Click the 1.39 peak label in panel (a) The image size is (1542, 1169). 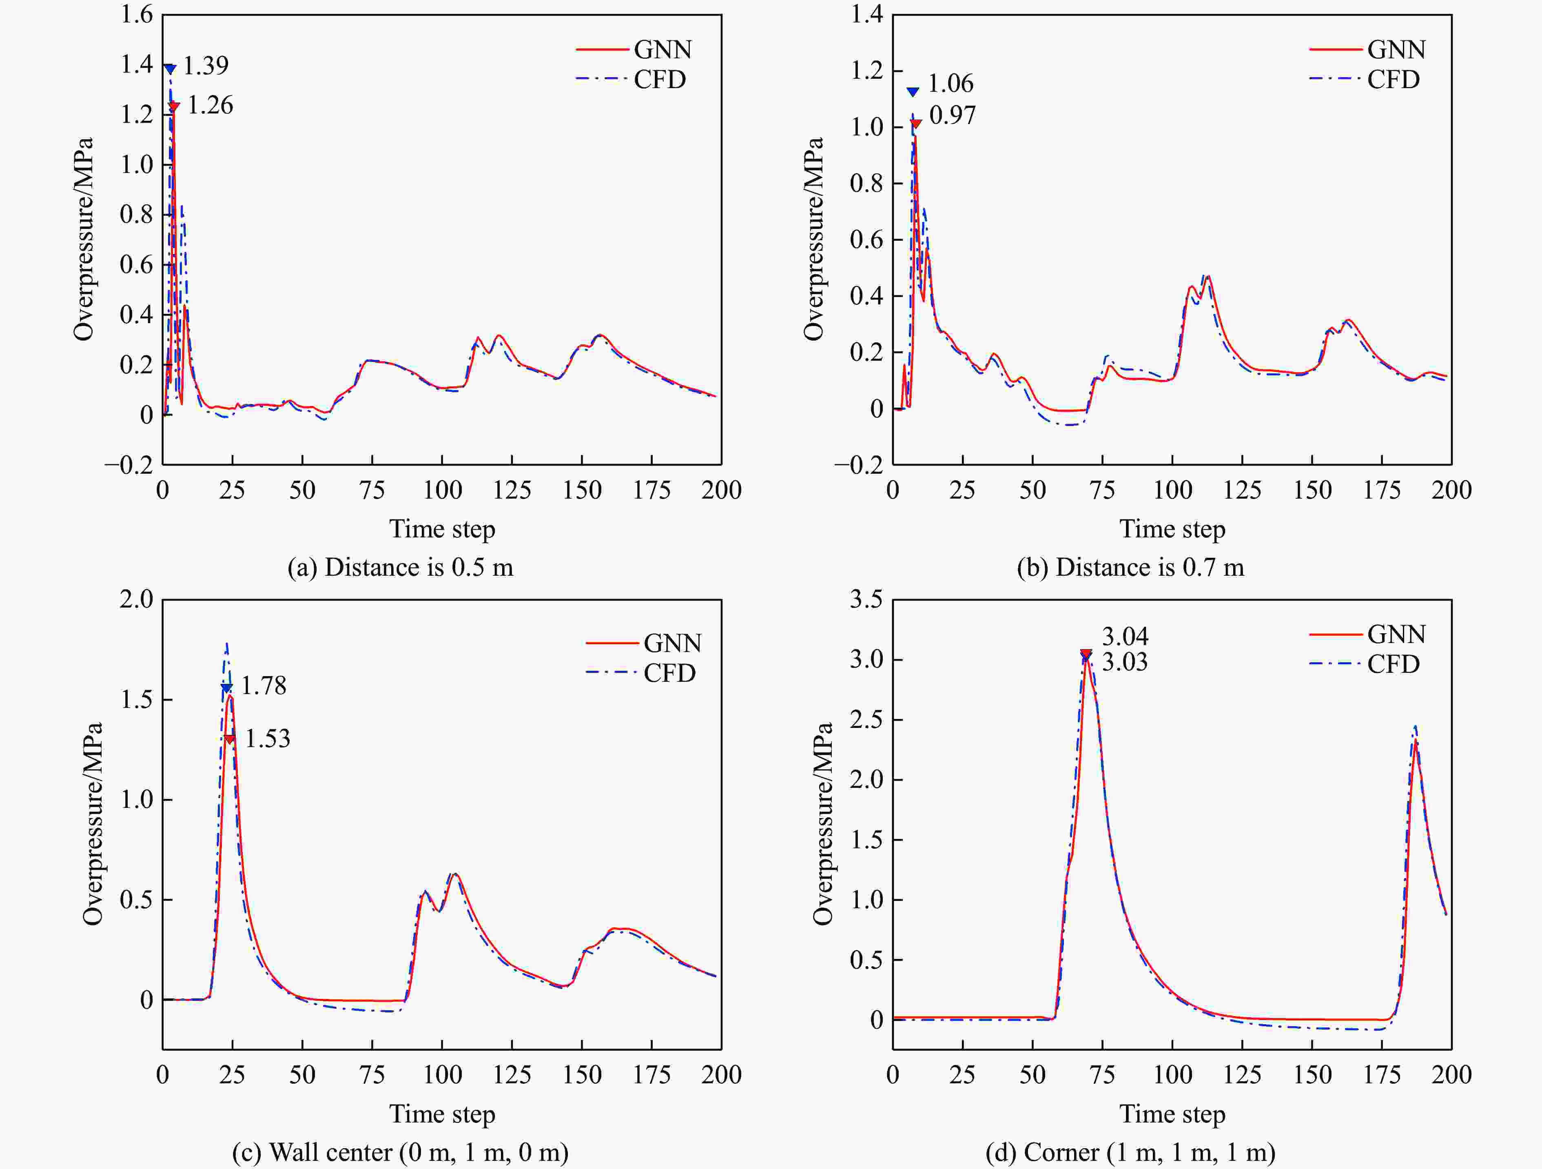(206, 66)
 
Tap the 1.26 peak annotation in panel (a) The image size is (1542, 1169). (210, 105)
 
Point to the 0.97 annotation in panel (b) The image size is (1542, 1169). (952, 115)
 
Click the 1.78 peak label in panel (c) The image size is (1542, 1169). (264, 686)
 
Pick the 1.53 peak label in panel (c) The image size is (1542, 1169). (268, 739)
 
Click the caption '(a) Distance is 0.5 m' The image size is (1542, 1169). (400, 568)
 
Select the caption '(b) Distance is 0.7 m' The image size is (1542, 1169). (1130, 568)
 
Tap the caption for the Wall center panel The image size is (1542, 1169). (400, 1151)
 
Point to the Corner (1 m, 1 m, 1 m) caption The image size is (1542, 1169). (1130, 1151)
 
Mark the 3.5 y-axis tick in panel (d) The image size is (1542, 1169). (866, 599)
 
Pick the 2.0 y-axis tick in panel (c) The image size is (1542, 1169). (137, 599)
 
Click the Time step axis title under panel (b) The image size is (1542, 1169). (1172, 529)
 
